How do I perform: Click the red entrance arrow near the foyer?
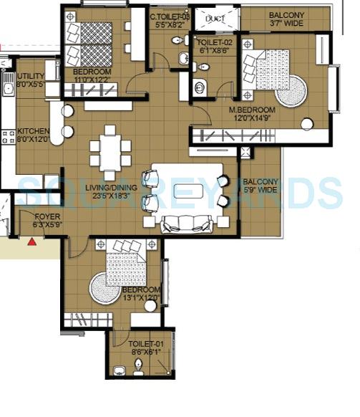coord(31,242)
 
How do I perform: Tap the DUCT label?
coord(216,19)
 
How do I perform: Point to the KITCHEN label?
coord(32,131)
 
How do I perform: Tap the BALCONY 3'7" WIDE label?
coord(286,15)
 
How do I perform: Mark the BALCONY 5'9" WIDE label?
coord(258,181)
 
